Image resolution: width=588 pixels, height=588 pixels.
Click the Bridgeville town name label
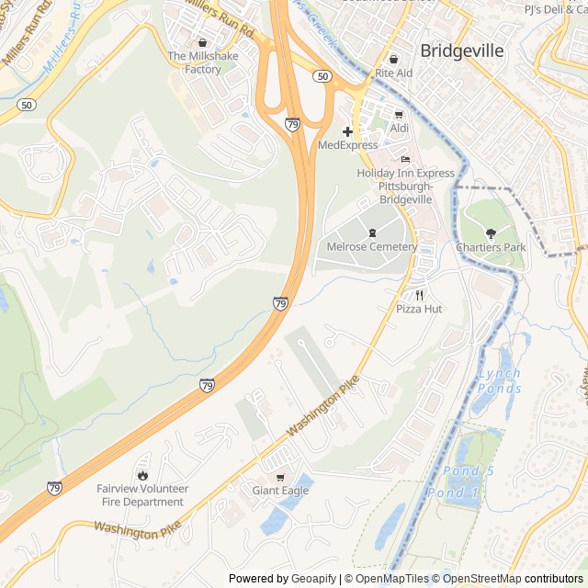[462, 51]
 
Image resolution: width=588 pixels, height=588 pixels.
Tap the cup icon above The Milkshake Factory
[202, 42]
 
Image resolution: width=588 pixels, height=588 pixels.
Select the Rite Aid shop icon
[392, 59]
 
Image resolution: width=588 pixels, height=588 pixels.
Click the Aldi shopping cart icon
[398, 114]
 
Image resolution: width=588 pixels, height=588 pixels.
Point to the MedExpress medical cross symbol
[347, 131]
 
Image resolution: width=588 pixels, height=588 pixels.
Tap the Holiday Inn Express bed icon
[405, 159]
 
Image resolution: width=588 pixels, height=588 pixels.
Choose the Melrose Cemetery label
[372, 246]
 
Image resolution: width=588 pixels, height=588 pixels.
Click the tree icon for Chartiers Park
[491, 233]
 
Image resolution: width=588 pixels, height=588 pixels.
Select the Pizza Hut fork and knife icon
[419, 295]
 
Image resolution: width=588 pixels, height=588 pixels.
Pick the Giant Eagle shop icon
[280, 477]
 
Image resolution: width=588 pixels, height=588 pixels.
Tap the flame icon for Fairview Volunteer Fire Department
[142, 475]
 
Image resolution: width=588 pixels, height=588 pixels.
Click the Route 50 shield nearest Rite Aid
[322, 76]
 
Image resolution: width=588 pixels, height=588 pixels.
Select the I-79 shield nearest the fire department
[54, 488]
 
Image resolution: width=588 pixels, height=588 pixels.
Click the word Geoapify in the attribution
[313, 579]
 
